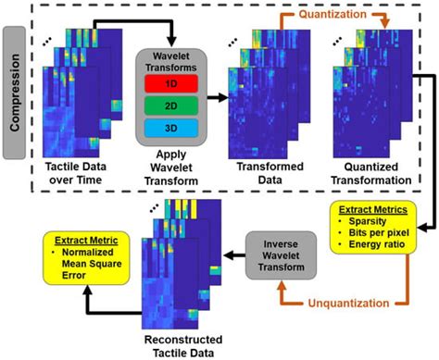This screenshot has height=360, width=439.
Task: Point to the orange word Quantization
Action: [319, 13]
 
